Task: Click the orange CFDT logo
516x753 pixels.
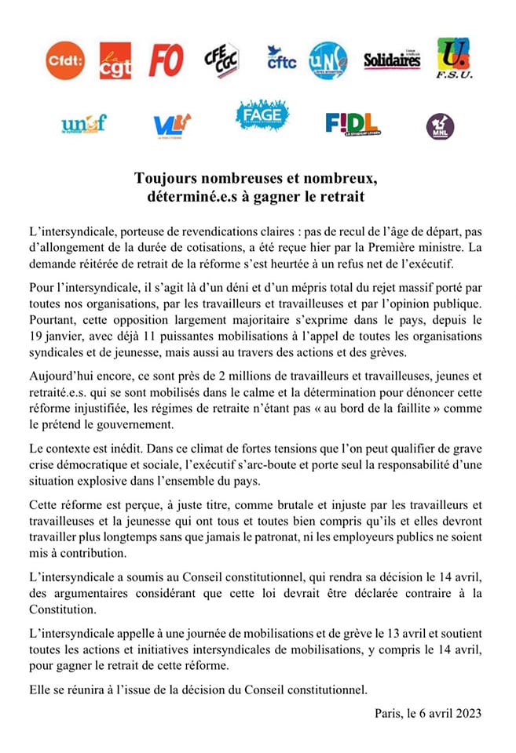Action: [x=65, y=60]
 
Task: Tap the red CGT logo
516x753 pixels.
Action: [x=115, y=61]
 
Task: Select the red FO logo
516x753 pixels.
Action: [x=166, y=60]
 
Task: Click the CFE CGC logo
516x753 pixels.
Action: [x=221, y=60]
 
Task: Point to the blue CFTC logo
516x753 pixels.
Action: [x=280, y=58]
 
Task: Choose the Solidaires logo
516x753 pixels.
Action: [x=392, y=60]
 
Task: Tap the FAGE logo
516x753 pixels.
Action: [x=262, y=116]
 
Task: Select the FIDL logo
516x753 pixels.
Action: [x=352, y=124]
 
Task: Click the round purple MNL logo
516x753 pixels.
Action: [x=440, y=125]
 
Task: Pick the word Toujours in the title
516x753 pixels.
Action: [x=165, y=177]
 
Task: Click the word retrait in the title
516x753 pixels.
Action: [x=340, y=196]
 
